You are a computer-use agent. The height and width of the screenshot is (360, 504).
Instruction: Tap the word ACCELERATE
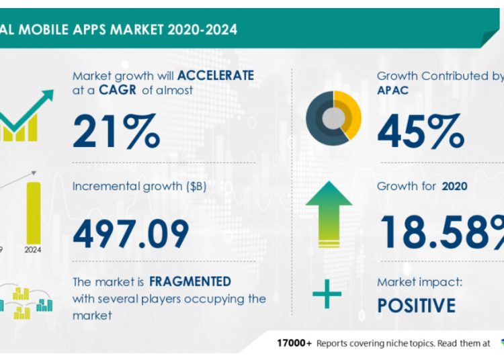tap(211, 75)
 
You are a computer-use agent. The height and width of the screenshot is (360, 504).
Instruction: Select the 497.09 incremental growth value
tap(130, 233)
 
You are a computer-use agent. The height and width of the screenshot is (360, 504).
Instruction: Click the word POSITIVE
tap(416, 306)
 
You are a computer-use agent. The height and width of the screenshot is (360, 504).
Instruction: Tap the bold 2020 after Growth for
tap(455, 185)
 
